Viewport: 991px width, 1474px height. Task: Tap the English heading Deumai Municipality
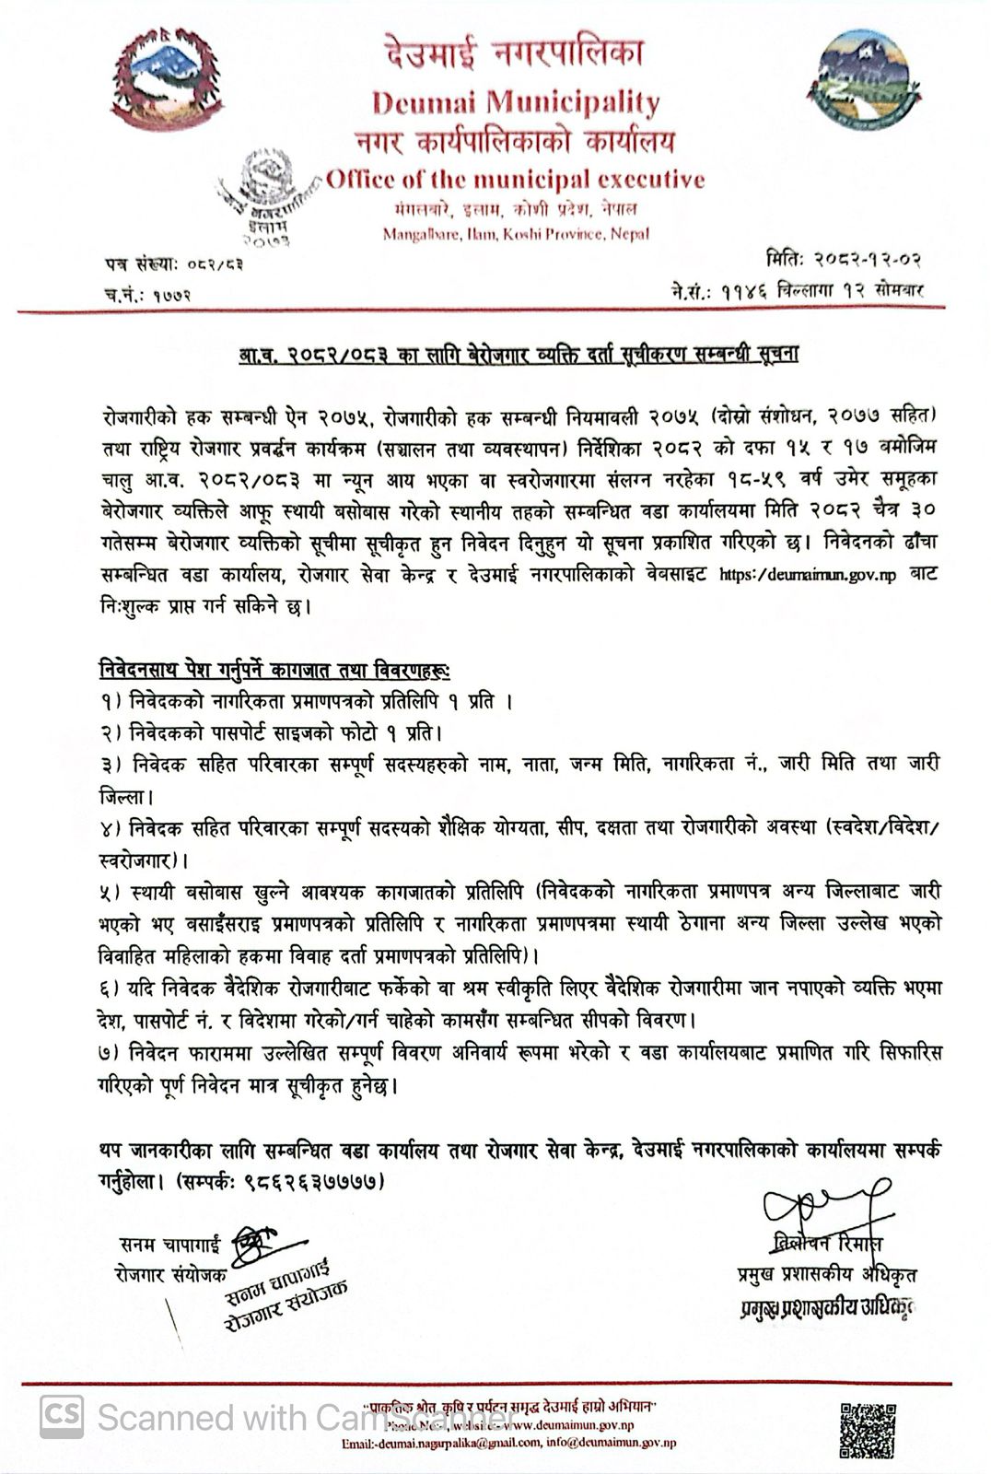point(516,101)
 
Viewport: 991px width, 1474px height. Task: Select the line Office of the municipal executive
point(516,179)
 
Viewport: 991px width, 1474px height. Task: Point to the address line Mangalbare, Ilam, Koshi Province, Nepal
point(516,234)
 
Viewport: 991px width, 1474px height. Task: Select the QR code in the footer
point(867,1431)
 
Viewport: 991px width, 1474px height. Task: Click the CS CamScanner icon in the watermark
point(61,1416)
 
